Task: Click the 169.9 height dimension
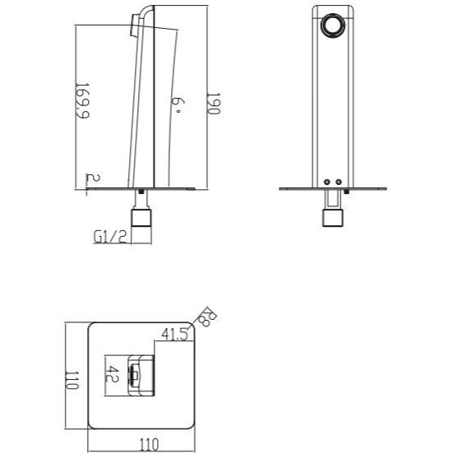[82, 100]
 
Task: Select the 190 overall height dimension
[214, 104]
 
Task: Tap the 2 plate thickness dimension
[93, 178]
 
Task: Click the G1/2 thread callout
[110, 237]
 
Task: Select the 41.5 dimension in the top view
[174, 334]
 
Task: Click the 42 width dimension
[112, 374]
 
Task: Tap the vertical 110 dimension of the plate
[72, 381]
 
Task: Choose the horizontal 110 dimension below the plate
[150, 445]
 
